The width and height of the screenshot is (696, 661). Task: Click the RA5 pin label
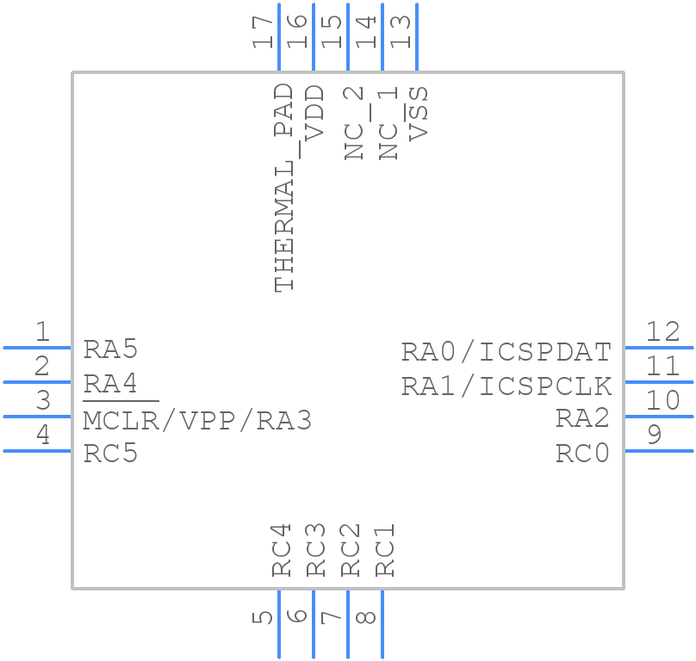pyautogui.click(x=110, y=349)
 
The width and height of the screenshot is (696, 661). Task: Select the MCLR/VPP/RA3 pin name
pyautogui.click(x=196, y=421)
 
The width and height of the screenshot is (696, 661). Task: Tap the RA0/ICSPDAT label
pyautogui.click(x=506, y=352)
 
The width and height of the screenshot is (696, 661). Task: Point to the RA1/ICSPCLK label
pyautogui.click(x=506, y=386)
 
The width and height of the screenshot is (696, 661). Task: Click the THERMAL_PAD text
pyautogui.click(x=284, y=188)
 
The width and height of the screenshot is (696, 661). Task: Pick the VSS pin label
pyautogui.click(x=419, y=112)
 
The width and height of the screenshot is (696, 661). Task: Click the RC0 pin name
pyautogui.click(x=582, y=453)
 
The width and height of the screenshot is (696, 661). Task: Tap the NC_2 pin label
pyautogui.click(x=353, y=123)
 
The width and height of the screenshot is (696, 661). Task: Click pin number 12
pyautogui.click(x=662, y=331)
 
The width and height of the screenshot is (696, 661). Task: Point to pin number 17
pyautogui.click(x=264, y=32)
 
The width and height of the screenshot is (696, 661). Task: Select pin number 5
pyautogui.click(x=264, y=617)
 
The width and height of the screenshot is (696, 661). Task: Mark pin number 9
pyautogui.click(x=655, y=435)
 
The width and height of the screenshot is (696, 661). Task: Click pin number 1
pyautogui.click(x=41, y=331)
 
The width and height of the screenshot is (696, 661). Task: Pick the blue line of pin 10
pyautogui.click(x=658, y=417)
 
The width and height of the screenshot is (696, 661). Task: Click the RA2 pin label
pyautogui.click(x=582, y=418)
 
